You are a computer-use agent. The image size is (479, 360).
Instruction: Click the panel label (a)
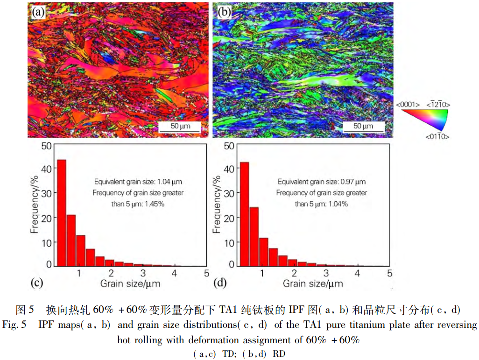click(x=38, y=12)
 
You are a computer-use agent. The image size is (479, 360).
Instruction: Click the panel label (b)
click(x=224, y=12)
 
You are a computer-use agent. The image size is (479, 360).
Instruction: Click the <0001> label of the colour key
click(x=407, y=105)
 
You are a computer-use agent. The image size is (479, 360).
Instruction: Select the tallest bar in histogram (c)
click(x=61, y=213)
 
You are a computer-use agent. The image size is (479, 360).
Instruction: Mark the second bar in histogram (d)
click(x=254, y=236)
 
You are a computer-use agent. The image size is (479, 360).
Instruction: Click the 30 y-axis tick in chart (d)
click(x=229, y=193)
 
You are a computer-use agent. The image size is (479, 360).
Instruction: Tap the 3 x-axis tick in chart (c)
click(x=143, y=273)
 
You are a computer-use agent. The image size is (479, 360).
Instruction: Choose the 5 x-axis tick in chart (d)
click(x=389, y=273)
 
